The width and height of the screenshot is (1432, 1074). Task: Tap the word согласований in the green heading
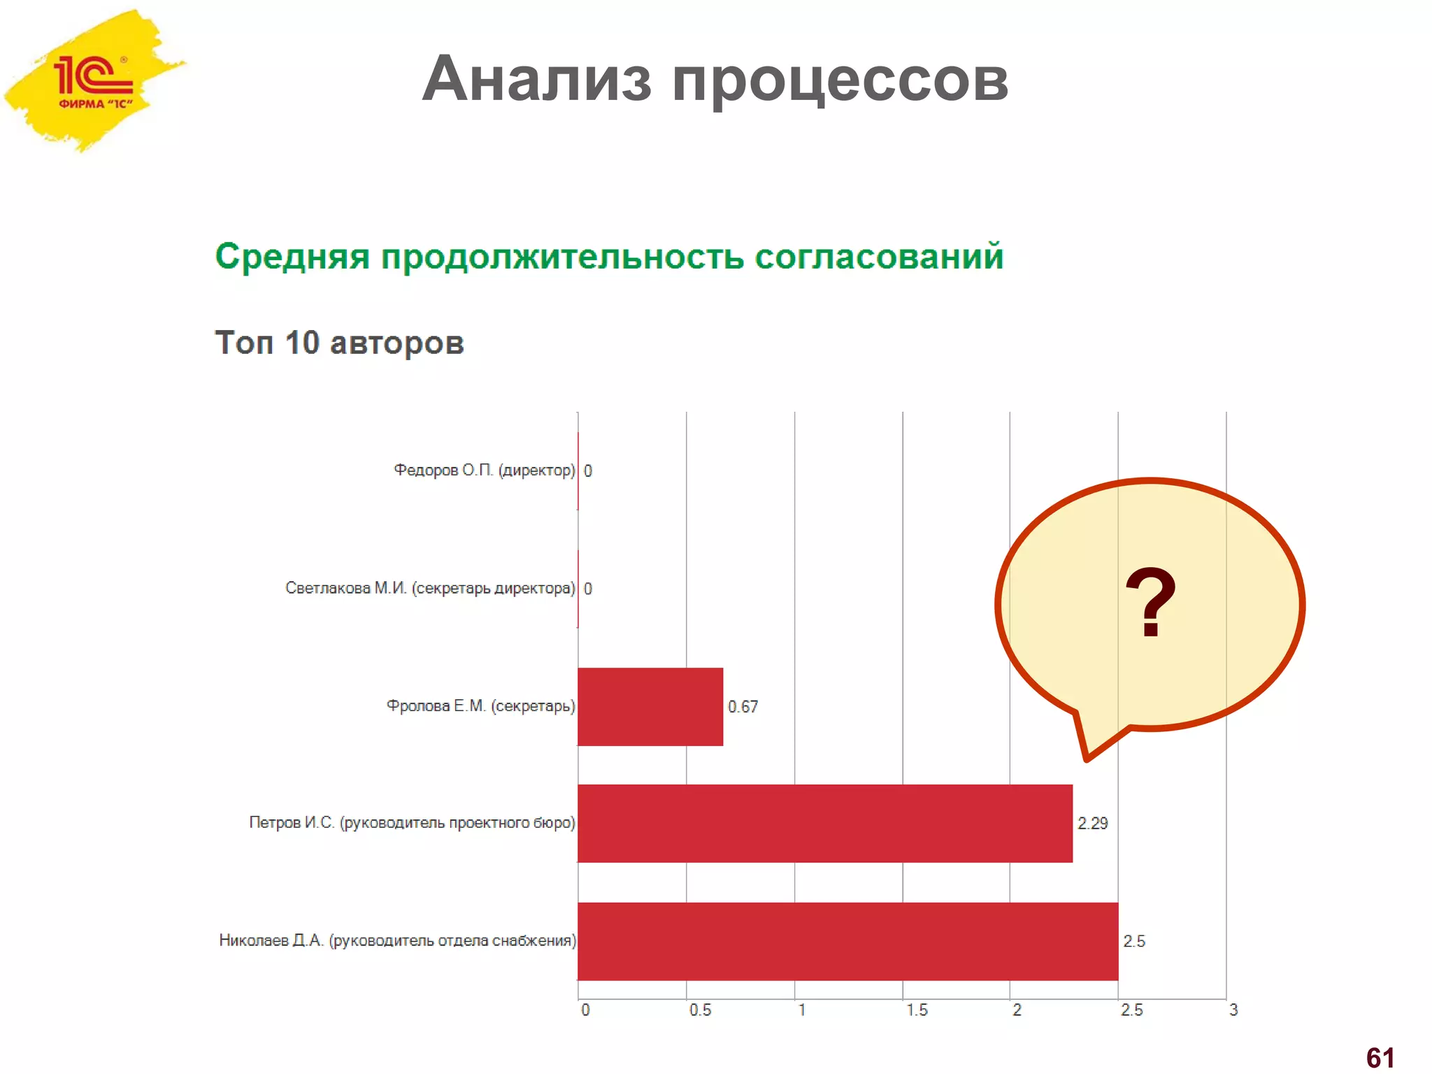point(878,256)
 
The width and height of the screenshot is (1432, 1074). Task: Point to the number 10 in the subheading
point(301,343)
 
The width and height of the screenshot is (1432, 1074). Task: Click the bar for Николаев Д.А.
point(847,941)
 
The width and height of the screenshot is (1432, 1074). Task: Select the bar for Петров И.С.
point(824,824)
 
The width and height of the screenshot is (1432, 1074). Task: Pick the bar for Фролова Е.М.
point(650,706)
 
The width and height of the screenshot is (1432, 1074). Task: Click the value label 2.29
point(1092,824)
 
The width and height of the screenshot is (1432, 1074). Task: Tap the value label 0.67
point(743,707)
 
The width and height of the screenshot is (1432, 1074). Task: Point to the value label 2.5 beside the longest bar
point(1133,941)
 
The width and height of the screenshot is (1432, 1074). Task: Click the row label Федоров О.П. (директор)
point(484,470)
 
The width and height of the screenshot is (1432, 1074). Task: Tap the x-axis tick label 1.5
point(917,1010)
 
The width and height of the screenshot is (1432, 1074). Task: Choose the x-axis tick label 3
point(1233,1010)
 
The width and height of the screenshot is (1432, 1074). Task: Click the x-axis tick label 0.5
point(700,1010)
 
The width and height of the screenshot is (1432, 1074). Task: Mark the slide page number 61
point(1380,1058)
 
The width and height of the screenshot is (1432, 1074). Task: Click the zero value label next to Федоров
point(588,471)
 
